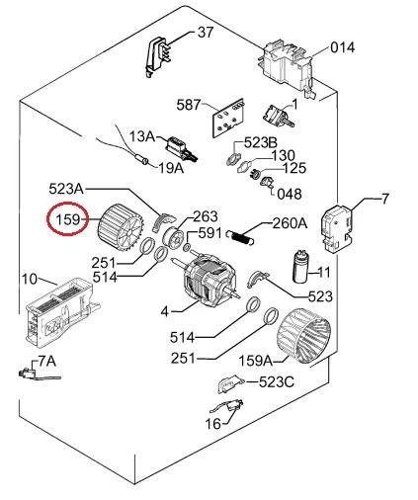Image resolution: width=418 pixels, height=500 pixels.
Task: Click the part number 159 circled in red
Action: point(68,218)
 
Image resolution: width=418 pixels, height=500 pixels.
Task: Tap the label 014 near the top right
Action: point(343,47)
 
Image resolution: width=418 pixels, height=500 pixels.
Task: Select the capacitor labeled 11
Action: point(301,266)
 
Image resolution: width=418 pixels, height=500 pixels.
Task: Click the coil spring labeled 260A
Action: point(240,237)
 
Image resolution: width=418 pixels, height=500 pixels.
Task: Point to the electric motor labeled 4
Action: point(207,278)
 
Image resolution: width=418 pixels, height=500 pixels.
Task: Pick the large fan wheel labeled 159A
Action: point(303,337)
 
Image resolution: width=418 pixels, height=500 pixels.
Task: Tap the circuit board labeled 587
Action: point(228,118)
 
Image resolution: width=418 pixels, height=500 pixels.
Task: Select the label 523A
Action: point(66,189)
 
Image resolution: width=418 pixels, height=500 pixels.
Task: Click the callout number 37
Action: point(206,33)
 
